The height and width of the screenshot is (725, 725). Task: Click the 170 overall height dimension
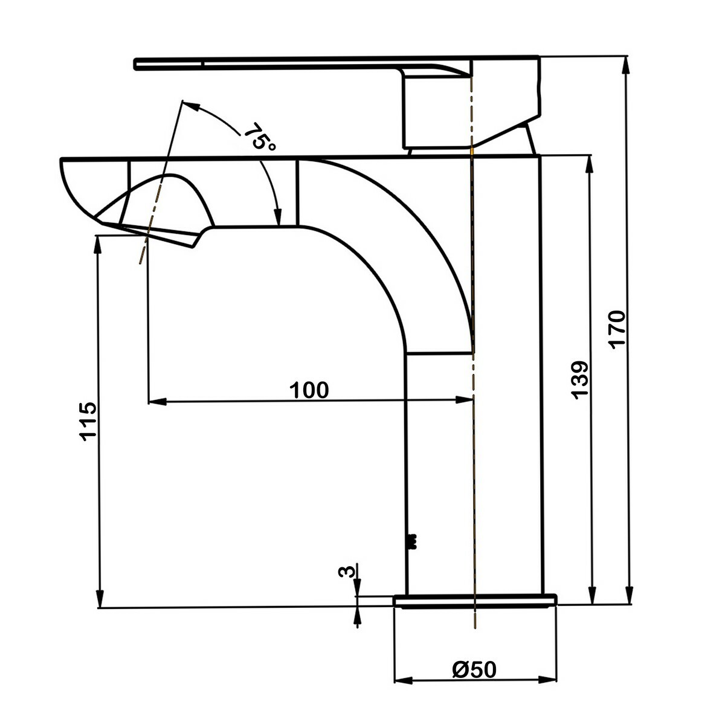(616, 329)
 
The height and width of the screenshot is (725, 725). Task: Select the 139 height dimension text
(579, 379)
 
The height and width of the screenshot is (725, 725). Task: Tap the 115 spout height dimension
(87, 420)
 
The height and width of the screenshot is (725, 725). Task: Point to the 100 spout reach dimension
(309, 390)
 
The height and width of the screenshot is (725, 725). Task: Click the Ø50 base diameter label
(474, 669)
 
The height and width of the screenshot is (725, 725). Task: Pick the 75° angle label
(260, 138)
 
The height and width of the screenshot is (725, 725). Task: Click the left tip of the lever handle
(138, 64)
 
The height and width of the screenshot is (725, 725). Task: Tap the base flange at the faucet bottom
(474, 600)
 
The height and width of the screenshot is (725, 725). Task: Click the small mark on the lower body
(413, 541)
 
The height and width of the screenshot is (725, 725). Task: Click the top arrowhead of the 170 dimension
(628, 62)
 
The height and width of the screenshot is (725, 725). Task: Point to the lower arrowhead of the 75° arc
(278, 219)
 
